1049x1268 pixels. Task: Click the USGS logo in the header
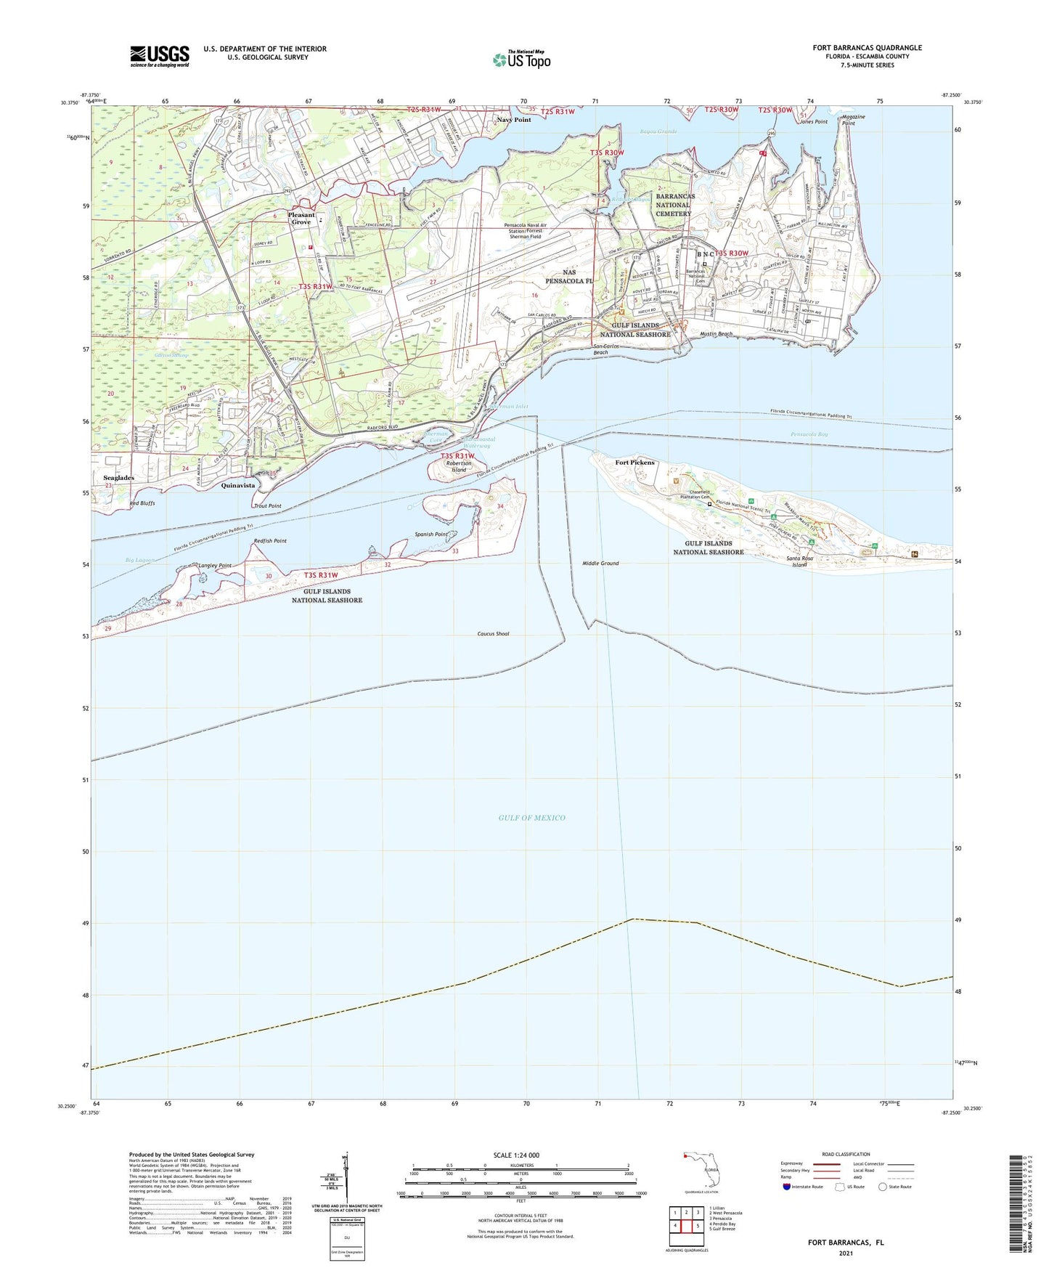tap(159, 56)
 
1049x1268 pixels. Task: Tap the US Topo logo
tap(521, 59)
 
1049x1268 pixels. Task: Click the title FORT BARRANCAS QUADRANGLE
tap(867, 48)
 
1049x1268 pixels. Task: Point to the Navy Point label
tap(514, 120)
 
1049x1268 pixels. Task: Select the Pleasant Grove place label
tap(301, 218)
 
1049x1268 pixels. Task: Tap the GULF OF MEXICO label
tap(531, 818)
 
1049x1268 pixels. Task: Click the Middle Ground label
tap(600, 564)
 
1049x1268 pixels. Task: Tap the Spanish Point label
tap(431, 535)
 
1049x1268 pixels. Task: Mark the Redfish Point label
tap(270, 541)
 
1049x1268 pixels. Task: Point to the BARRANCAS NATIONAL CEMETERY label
tap(674, 205)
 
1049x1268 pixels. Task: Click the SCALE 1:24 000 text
tap(515, 1155)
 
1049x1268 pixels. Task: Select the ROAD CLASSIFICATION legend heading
tap(846, 1154)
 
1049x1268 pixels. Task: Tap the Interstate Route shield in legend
tap(786, 1187)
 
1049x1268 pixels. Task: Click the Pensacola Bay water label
tap(809, 434)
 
